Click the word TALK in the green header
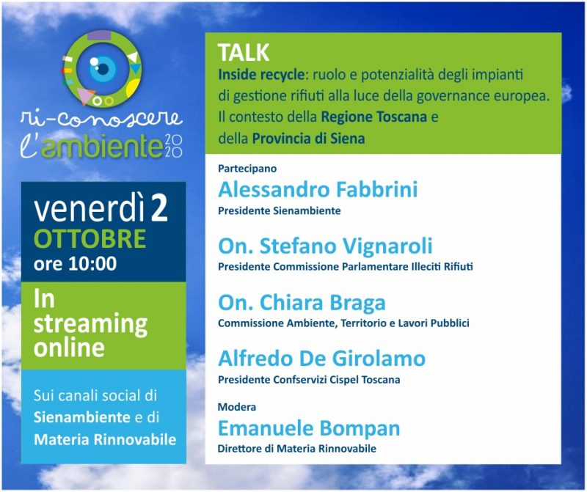click(244, 54)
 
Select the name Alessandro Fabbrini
click(318, 190)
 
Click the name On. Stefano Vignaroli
click(325, 246)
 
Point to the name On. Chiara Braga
click(302, 302)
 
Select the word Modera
click(237, 407)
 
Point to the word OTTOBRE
click(90, 239)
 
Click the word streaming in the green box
click(90, 323)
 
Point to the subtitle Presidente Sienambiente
click(280, 211)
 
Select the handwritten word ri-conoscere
click(101, 118)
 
